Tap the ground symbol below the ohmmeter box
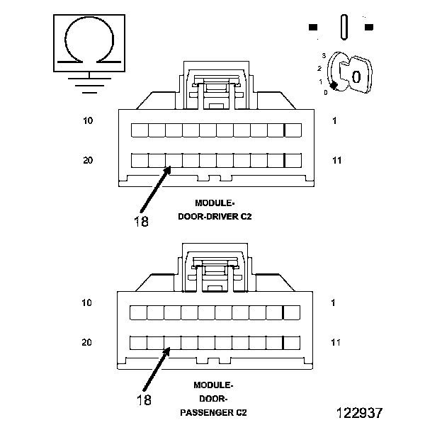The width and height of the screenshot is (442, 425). click(87, 84)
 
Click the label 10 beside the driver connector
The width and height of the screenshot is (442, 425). click(88, 121)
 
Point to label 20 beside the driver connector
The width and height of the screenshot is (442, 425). click(88, 161)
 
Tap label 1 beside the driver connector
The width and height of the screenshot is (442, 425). click(334, 121)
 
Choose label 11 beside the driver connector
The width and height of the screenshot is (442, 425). click(336, 161)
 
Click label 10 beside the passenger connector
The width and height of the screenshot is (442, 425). click(88, 303)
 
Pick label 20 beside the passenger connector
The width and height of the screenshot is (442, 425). click(88, 343)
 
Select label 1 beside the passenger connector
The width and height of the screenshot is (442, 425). click(334, 303)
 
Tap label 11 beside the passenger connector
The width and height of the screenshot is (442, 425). click(336, 343)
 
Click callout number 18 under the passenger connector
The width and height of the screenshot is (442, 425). click(143, 400)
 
